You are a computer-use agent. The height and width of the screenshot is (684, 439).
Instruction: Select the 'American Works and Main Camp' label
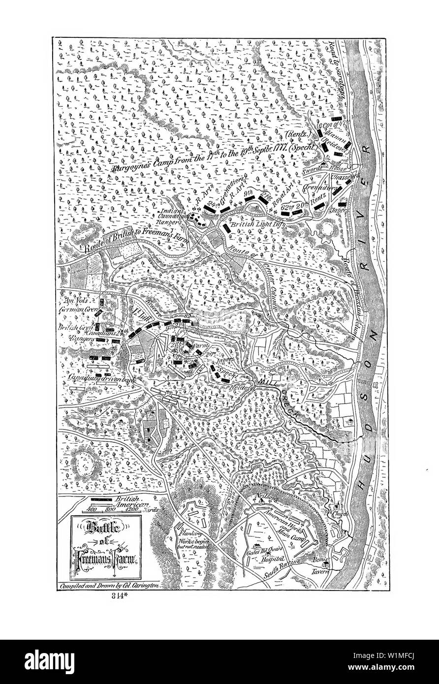pos(285,522)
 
